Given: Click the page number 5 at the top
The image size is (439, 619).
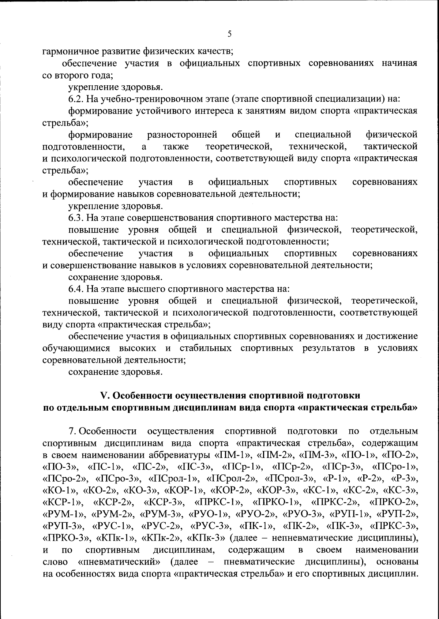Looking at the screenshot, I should point(229,34).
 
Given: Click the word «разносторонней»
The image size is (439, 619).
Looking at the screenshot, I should point(182,135).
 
